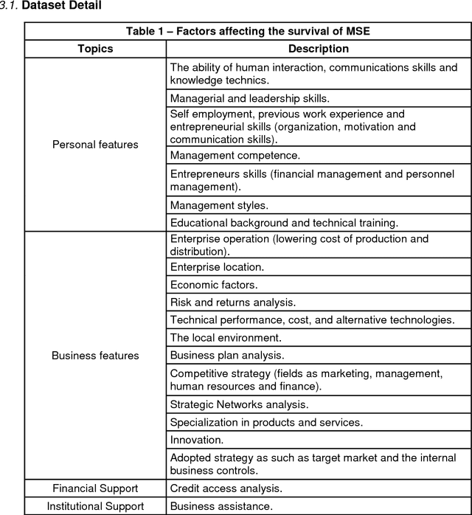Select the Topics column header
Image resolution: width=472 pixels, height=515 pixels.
click(95, 49)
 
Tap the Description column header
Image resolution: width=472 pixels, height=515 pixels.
click(318, 49)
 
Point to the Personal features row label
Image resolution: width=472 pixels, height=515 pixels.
click(95, 145)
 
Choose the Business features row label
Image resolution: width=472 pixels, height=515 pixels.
click(95, 356)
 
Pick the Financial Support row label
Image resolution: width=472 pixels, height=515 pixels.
click(95, 488)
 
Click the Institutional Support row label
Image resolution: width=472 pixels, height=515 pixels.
click(95, 506)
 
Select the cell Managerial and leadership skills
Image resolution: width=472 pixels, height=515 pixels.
click(249, 98)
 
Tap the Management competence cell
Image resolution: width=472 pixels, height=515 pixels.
click(235, 155)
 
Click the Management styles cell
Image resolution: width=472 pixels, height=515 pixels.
click(218, 205)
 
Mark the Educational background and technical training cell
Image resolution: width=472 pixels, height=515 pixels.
click(284, 222)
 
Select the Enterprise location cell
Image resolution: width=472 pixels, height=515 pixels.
click(217, 266)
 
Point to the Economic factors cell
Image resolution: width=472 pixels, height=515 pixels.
click(214, 284)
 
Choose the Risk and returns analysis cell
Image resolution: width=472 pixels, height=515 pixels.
click(232, 302)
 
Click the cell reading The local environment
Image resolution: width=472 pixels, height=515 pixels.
click(225, 337)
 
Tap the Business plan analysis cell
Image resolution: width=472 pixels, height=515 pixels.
click(226, 355)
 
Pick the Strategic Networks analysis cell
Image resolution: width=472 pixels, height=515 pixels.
click(239, 404)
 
